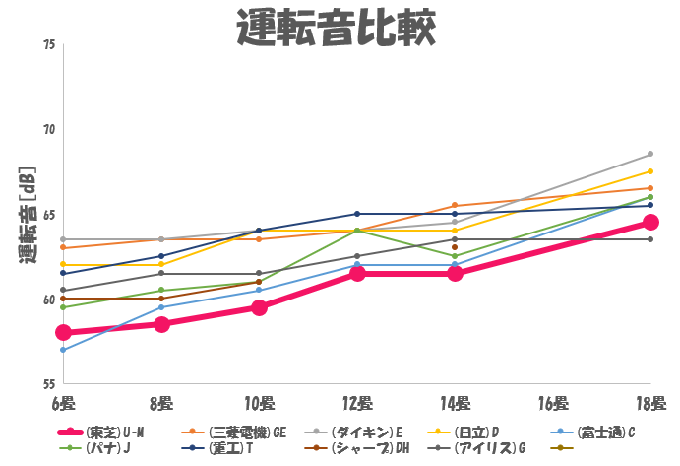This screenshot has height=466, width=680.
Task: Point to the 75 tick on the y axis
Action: tap(49, 45)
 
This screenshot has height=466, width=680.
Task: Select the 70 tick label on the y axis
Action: tap(49, 130)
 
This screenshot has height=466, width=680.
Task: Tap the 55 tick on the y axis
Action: tap(49, 383)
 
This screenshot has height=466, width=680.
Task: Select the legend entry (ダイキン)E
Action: tap(366, 432)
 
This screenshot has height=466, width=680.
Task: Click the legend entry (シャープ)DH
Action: tap(369, 448)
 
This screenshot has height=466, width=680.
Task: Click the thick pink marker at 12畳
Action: tap(357, 273)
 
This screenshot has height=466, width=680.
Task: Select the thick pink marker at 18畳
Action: tap(650, 223)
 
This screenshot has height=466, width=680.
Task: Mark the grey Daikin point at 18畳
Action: tap(650, 155)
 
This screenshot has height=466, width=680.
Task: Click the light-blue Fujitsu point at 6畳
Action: tap(63, 350)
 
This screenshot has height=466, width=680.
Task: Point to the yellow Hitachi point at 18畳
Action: tap(650, 171)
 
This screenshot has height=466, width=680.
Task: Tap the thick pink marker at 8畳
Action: tap(161, 324)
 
